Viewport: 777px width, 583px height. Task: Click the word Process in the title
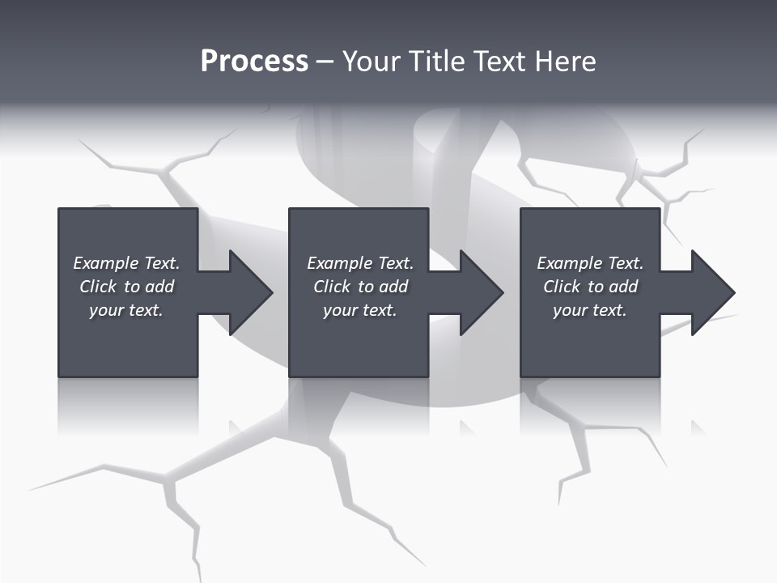point(254,62)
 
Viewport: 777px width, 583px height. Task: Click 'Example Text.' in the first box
point(126,263)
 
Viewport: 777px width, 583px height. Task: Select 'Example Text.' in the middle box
point(360,263)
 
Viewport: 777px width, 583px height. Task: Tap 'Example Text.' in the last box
point(590,263)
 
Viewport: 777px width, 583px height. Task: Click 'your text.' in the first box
point(126,310)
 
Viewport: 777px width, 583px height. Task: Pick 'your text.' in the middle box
point(360,310)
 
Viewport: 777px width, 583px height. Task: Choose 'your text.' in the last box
point(590,310)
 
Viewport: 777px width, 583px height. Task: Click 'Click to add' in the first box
point(126,287)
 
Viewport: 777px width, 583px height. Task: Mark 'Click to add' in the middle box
point(360,287)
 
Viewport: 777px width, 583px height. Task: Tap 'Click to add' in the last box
point(590,287)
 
